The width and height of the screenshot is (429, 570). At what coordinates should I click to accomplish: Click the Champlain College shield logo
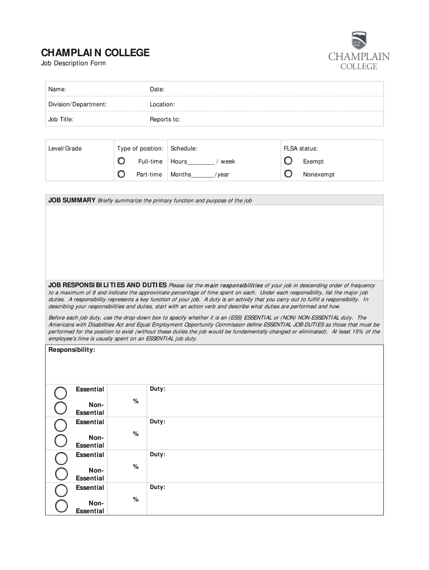click(x=359, y=41)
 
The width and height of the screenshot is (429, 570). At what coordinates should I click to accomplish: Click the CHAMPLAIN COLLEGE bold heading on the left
click(x=95, y=53)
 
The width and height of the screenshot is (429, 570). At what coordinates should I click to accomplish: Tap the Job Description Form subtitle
click(x=73, y=63)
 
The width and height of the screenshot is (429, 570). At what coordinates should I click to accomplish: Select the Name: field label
click(x=57, y=90)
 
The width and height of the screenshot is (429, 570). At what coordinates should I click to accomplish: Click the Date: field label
click(x=157, y=90)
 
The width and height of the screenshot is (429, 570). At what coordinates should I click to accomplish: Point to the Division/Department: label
click(x=77, y=105)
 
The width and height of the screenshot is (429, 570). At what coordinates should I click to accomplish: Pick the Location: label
click(x=162, y=105)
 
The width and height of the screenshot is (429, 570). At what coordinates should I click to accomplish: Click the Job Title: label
click(x=61, y=120)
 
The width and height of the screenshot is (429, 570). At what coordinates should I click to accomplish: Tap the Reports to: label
click(x=165, y=120)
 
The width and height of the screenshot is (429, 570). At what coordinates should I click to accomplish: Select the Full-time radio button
click(x=121, y=161)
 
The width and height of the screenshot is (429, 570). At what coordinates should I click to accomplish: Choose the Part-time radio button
click(x=121, y=174)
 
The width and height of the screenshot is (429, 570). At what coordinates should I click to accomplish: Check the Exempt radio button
click(x=288, y=161)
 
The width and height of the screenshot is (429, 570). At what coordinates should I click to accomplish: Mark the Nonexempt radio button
click(x=288, y=174)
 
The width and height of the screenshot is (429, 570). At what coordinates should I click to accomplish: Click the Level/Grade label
click(x=65, y=149)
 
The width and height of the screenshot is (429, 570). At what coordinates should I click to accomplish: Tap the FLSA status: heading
click(x=301, y=149)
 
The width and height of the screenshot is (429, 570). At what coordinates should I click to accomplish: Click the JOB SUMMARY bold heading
click(x=72, y=200)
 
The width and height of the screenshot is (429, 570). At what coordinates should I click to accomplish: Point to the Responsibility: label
click(x=72, y=350)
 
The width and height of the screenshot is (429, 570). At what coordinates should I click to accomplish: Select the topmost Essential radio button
click(x=61, y=392)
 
